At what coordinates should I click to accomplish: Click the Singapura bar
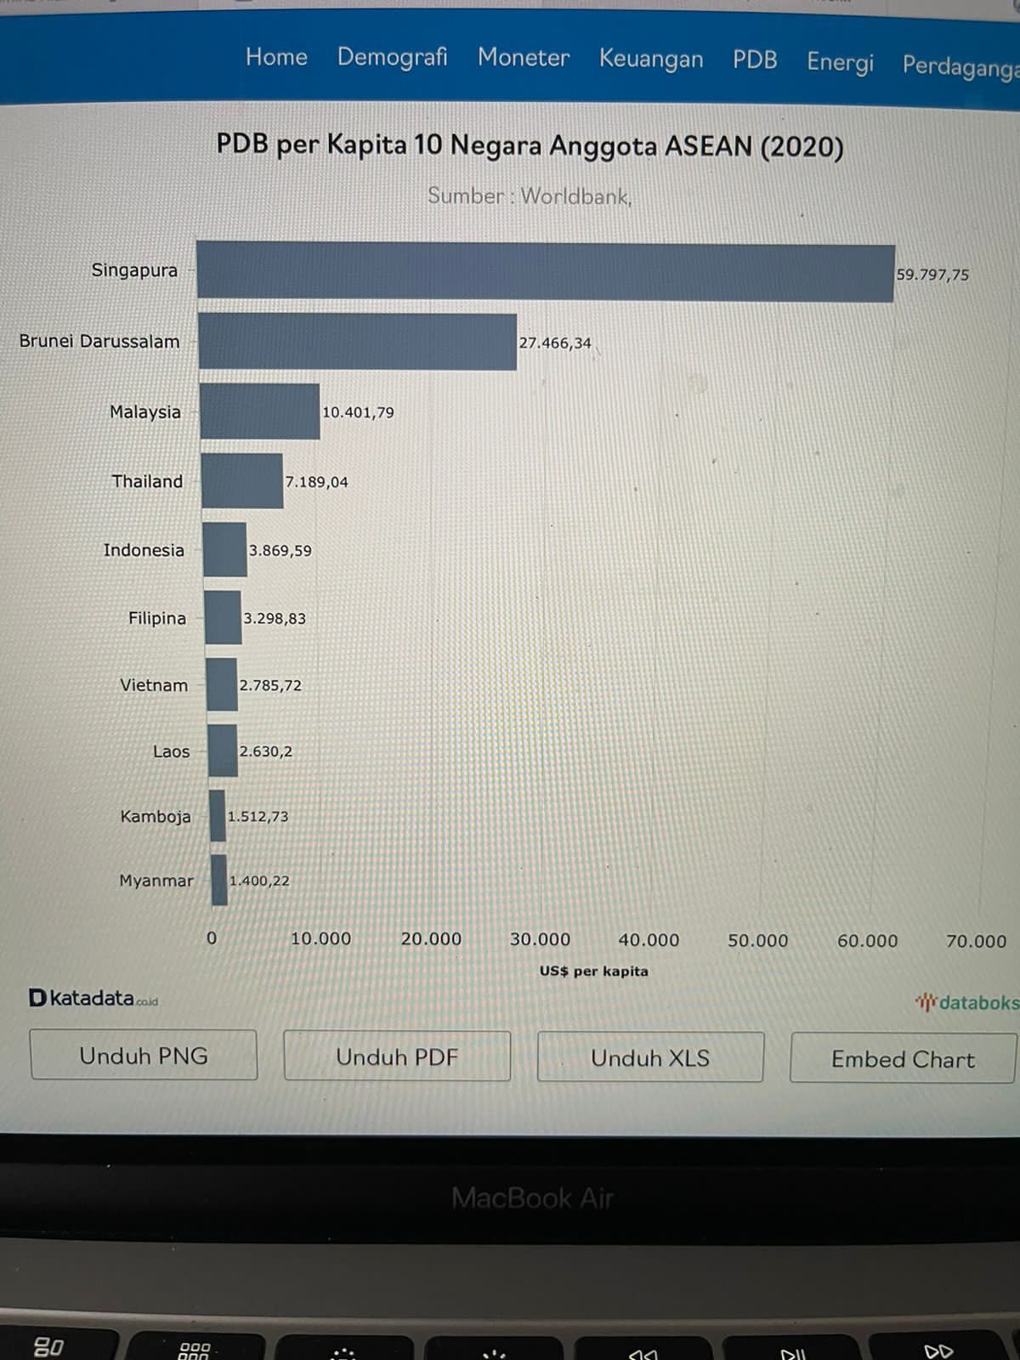(x=544, y=271)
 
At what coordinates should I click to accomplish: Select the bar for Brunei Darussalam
(x=357, y=342)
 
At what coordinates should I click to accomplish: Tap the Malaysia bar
(x=260, y=411)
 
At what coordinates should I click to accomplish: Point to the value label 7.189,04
(x=316, y=482)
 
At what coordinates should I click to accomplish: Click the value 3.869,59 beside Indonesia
(x=280, y=551)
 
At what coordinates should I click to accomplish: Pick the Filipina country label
(x=156, y=618)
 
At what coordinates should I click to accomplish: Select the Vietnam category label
(x=153, y=685)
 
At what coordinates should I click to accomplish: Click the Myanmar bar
(x=219, y=880)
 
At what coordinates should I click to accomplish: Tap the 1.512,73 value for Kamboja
(x=258, y=817)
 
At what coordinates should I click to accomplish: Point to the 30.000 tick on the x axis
(x=540, y=939)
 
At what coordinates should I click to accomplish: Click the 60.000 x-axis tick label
(x=867, y=941)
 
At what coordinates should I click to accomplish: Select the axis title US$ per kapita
(x=593, y=971)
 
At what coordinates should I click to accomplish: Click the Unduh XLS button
(x=650, y=1058)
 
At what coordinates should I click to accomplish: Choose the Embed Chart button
(x=903, y=1059)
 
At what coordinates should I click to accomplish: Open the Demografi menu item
(x=392, y=57)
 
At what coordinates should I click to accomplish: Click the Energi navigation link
(x=840, y=62)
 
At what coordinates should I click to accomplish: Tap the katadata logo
(x=93, y=998)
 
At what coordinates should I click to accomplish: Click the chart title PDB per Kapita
(x=530, y=145)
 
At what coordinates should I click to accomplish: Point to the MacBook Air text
(x=532, y=1198)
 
